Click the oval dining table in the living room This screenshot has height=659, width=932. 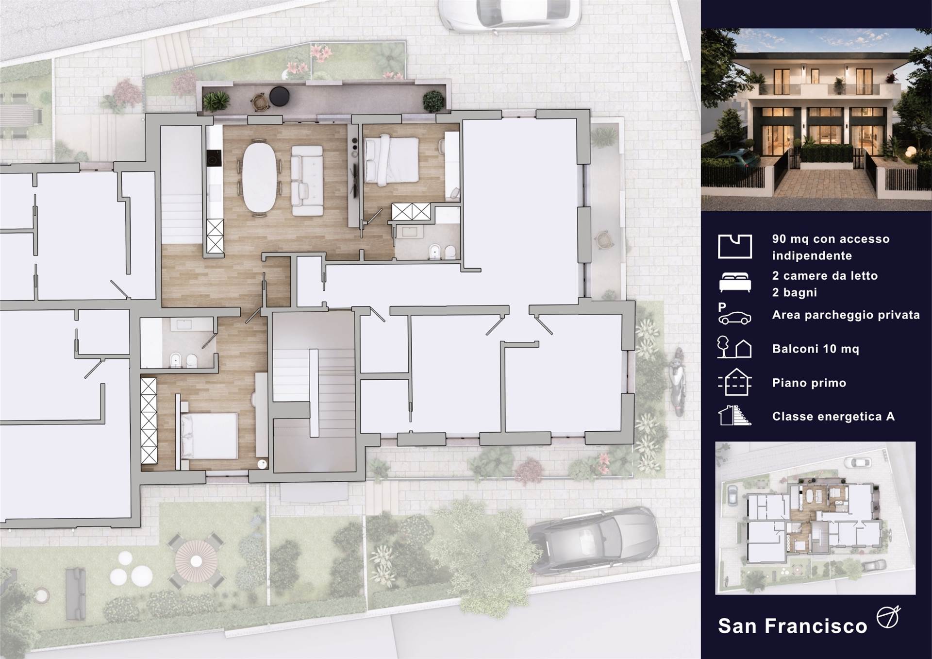[260, 177]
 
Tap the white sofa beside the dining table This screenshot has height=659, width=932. [307, 181]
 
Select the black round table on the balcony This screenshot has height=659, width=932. [279, 96]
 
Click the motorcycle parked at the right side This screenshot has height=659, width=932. [678, 382]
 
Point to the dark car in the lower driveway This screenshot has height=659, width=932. [593, 540]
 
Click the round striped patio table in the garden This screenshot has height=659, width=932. [196, 561]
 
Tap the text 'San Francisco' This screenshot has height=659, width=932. [792, 626]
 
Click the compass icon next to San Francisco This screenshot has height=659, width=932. [888, 617]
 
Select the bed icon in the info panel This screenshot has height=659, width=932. [735, 282]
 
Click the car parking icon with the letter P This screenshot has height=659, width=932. [734, 314]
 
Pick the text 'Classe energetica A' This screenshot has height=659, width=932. [833, 416]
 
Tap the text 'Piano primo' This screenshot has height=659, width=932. [809, 383]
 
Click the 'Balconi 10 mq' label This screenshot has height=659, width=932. [815, 349]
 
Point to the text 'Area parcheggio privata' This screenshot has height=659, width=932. [846, 315]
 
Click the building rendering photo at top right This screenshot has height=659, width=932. [816, 119]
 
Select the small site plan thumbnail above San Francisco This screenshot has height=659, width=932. [815, 518]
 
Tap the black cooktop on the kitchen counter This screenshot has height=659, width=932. [214, 158]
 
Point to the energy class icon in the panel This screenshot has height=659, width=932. [734, 416]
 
